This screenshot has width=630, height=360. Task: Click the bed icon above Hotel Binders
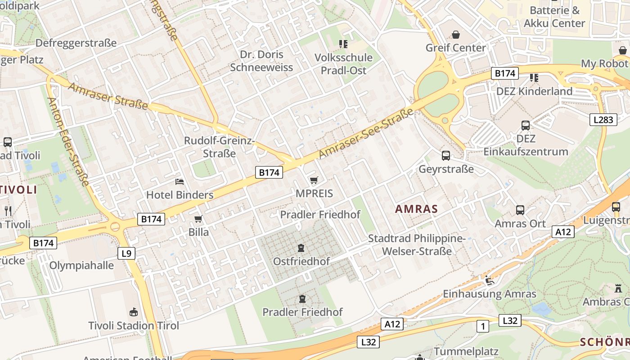pos(180,182)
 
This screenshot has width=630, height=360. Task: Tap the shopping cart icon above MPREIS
pos(314,180)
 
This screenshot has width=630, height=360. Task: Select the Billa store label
pos(198,232)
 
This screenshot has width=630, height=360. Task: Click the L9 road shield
pos(126,253)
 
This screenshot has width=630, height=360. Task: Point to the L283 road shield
pos(603,119)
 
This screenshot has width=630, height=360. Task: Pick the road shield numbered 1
pos(482,326)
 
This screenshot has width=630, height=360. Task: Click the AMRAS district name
pos(416,209)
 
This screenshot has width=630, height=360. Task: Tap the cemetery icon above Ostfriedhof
pos(301,248)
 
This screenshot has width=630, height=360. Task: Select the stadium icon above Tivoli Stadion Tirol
pos(133,312)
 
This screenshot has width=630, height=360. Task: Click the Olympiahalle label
pos(81,265)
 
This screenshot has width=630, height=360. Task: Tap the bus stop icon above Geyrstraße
pos(446,156)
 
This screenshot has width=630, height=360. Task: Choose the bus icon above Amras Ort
pos(520,210)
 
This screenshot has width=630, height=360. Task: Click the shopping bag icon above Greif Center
pos(456,35)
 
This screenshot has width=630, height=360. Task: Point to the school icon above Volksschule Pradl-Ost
pos(343,44)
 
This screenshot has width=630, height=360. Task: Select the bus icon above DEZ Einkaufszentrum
pos(526,126)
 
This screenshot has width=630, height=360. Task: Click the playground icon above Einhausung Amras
pos(490,281)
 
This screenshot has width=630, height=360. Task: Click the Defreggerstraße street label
pos(76,43)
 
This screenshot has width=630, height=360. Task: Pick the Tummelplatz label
pos(466,351)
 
